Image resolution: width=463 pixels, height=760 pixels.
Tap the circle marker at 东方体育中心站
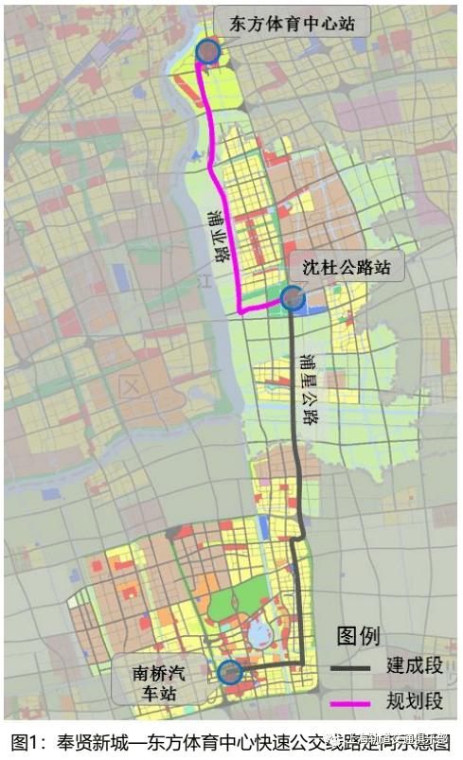click(x=207, y=52)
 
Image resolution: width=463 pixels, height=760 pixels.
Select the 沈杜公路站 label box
click(x=351, y=268)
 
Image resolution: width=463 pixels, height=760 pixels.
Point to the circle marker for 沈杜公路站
click(x=293, y=300)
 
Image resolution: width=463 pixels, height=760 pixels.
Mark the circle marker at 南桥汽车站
click(x=229, y=673)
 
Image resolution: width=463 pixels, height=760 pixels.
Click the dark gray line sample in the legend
click(x=354, y=668)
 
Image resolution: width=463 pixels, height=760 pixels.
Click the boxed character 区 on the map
click(x=131, y=385)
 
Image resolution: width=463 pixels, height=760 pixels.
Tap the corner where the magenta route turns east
click(x=242, y=309)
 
